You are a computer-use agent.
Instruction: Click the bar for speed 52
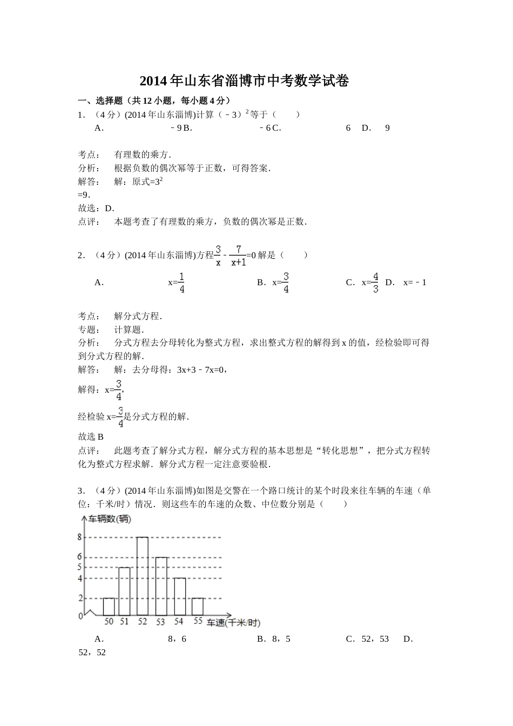pos(143,576)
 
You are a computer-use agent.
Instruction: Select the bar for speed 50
pos(109,607)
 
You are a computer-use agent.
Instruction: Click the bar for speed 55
pos(198,607)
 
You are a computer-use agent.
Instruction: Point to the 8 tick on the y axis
pos(80,537)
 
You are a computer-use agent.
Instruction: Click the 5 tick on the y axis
pos(80,567)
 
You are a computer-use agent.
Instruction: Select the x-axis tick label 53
pos(160,622)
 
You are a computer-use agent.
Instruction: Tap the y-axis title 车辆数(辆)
pos(110,519)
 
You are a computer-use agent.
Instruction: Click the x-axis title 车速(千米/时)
pos(233,623)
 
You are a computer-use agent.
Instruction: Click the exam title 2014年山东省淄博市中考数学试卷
pos(244,81)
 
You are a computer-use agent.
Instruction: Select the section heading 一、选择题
pos(94,100)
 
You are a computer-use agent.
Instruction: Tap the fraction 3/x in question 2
pos(218,256)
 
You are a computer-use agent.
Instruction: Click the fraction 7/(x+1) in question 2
pos(238,256)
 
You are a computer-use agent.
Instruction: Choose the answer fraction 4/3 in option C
pos(375,283)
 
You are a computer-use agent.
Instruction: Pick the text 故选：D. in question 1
pos(96,209)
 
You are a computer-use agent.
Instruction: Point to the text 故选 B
pos(91,436)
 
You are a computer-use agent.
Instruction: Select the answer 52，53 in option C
pos(375,639)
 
